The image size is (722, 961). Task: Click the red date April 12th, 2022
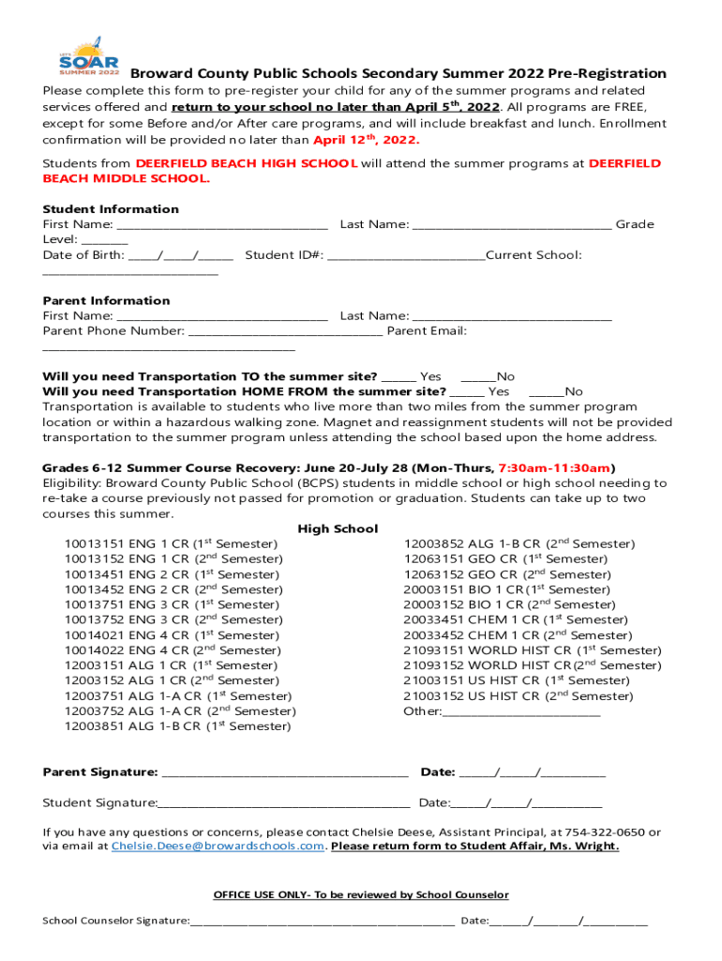pyautogui.click(x=366, y=141)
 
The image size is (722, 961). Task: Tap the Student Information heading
pyautogui.click(x=111, y=209)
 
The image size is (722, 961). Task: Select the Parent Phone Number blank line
pyautogui.click(x=285, y=331)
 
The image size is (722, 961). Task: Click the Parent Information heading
pyautogui.click(x=106, y=301)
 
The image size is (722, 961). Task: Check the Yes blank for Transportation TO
pyautogui.click(x=399, y=377)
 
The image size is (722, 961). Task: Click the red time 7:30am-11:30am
pyautogui.click(x=555, y=468)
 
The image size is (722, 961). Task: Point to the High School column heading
pyautogui.click(x=338, y=529)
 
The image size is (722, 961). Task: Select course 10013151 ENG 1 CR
pyautogui.click(x=171, y=544)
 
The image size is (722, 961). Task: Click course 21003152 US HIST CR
pyautogui.click(x=518, y=696)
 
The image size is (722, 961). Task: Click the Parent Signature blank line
pyautogui.click(x=285, y=773)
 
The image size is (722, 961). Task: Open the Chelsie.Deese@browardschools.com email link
pyautogui.click(x=218, y=847)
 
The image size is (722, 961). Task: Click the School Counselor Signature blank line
pyautogui.click(x=323, y=922)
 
